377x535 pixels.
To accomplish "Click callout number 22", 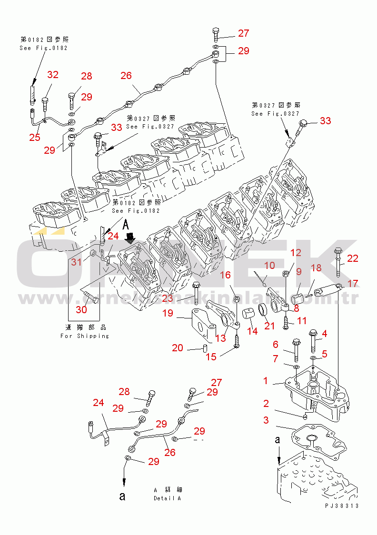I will [353, 258].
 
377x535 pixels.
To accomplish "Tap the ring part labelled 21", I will [263, 312].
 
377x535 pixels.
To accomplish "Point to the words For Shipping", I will [85, 336].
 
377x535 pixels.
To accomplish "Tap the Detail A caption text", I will [167, 498].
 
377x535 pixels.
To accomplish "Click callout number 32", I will [53, 75].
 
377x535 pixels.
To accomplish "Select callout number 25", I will [34, 138].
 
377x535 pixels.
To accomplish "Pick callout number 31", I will [77, 262].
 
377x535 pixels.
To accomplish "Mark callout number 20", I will [178, 348].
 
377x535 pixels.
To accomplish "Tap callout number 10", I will [269, 265].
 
